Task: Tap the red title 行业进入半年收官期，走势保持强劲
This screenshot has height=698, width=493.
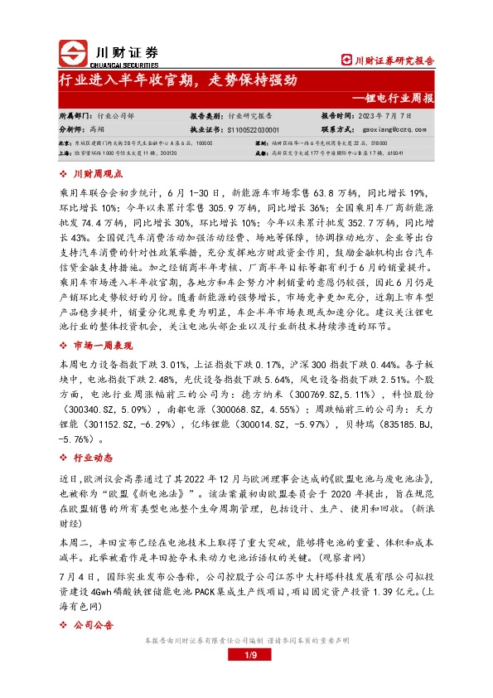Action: pyautogui.click(x=178, y=81)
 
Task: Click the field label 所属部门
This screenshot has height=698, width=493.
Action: pyautogui.click(x=75, y=117)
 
